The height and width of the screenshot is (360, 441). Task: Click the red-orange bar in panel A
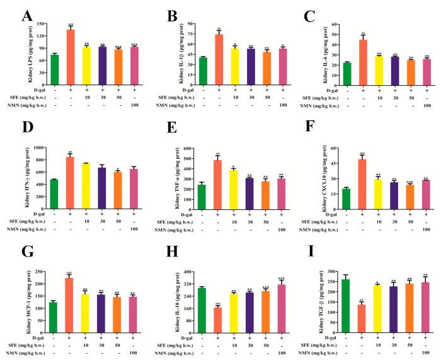coord(71,57)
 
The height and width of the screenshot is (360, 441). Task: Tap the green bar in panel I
coord(345,300)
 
